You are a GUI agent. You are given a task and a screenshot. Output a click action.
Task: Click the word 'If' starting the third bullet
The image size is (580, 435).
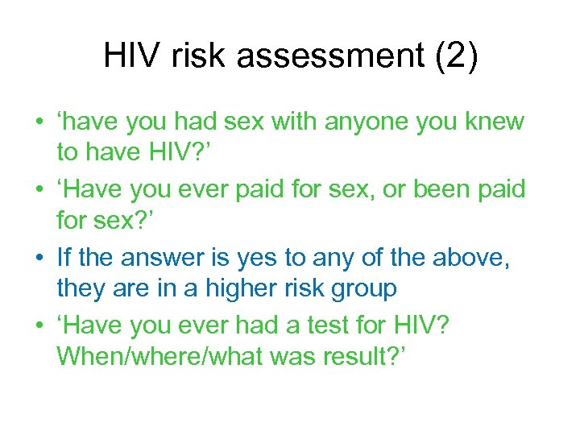click(x=64, y=257)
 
